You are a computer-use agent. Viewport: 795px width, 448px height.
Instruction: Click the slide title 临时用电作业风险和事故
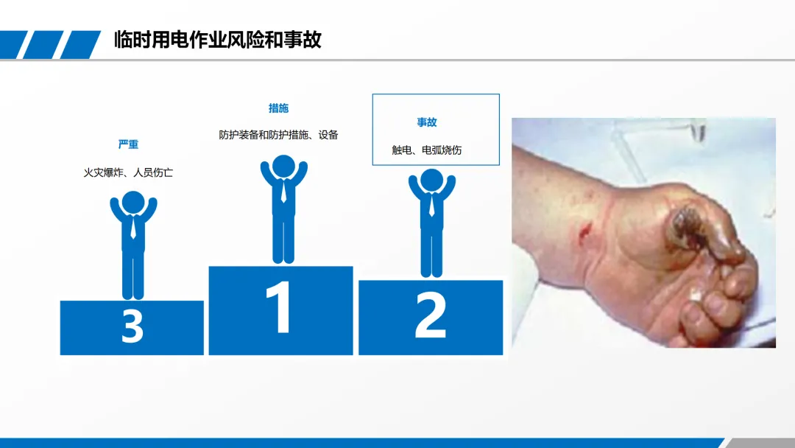click(x=217, y=40)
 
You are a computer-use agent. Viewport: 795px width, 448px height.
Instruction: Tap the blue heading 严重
click(x=128, y=144)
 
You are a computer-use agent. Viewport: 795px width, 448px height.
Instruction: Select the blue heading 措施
click(x=278, y=108)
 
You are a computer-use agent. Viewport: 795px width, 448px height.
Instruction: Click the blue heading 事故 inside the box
click(x=427, y=122)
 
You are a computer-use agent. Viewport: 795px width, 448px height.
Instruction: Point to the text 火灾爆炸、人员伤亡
click(x=128, y=172)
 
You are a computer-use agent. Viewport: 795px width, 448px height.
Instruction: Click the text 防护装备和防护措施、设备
click(x=278, y=135)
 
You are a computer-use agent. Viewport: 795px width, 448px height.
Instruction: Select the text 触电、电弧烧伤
click(x=427, y=150)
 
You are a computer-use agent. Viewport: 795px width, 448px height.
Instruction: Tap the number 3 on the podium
click(x=132, y=326)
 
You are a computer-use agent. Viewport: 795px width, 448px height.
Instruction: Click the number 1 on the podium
click(x=280, y=307)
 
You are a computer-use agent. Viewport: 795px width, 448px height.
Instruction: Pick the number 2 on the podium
click(x=431, y=315)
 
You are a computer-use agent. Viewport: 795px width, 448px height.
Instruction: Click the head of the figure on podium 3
click(x=133, y=203)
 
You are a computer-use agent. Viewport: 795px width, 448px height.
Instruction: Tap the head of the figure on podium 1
click(x=283, y=167)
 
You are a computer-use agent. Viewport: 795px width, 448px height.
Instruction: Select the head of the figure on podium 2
click(x=431, y=180)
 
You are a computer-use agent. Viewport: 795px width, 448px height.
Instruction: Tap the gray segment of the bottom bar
click(x=758, y=444)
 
